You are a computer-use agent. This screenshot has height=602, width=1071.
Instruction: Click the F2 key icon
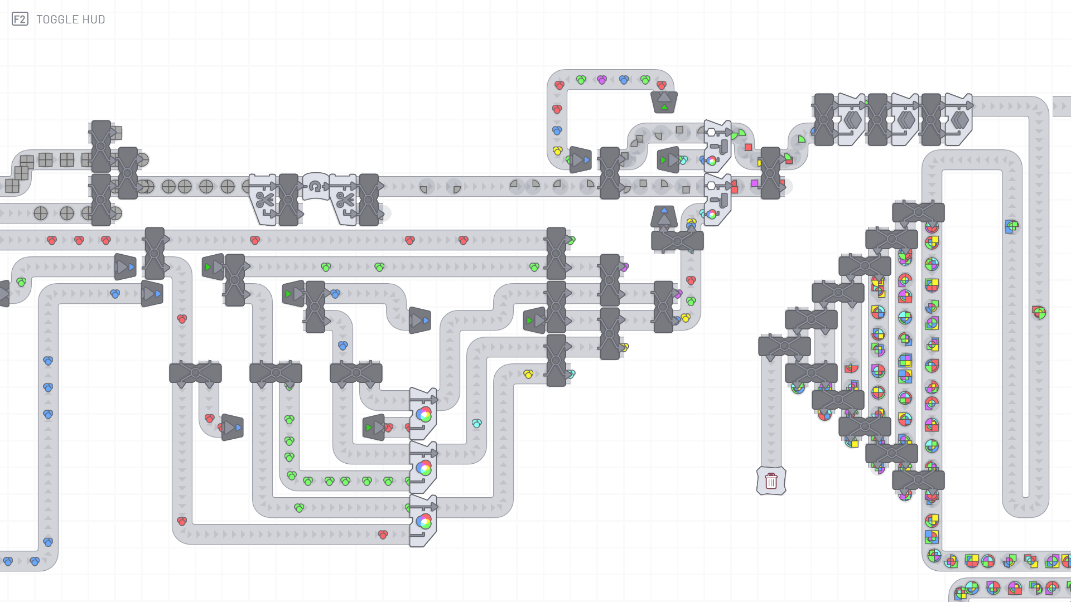tap(20, 20)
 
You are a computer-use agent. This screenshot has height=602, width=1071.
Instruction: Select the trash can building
tap(771, 480)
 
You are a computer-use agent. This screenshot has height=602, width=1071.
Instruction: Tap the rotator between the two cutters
tap(316, 186)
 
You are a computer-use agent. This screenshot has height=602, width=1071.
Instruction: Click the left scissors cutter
tap(263, 200)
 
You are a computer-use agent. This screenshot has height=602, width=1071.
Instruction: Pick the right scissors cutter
tap(344, 200)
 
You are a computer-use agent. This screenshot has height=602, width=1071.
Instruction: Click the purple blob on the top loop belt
tap(602, 80)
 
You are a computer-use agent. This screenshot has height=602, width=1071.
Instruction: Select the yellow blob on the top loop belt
tap(557, 151)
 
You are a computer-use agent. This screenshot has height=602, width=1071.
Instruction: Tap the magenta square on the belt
tap(755, 183)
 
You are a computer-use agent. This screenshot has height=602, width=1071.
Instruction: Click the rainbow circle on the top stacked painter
tap(423, 414)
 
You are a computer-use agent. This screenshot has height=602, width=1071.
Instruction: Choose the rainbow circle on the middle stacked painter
tap(423, 468)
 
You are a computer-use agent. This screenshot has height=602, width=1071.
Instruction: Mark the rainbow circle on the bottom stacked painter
tap(423, 521)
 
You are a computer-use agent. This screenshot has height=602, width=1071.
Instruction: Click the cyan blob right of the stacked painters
tap(476, 424)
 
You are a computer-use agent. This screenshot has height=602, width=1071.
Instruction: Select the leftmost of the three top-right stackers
tap(851, 119)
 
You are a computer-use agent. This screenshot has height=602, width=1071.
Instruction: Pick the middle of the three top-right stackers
tap(905, 119)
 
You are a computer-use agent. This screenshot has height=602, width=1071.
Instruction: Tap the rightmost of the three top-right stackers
tap(958, 119)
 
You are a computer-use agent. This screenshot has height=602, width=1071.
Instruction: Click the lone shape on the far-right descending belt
tap(1039, 313)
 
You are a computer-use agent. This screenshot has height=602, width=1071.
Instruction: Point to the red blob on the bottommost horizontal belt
tap(383, 535)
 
